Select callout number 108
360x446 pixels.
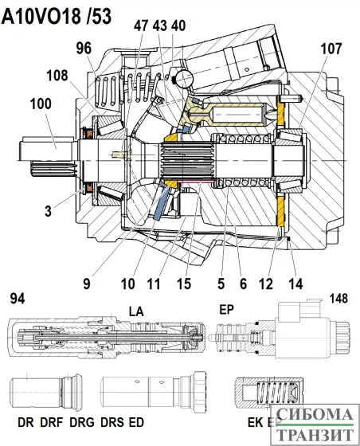[x=57, y=77]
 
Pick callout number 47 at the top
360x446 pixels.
[x=142, y=26]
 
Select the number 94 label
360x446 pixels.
[x=16, y=299]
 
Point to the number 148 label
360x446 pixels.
[x=342, y=299]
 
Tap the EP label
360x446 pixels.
[x=227, y=308]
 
